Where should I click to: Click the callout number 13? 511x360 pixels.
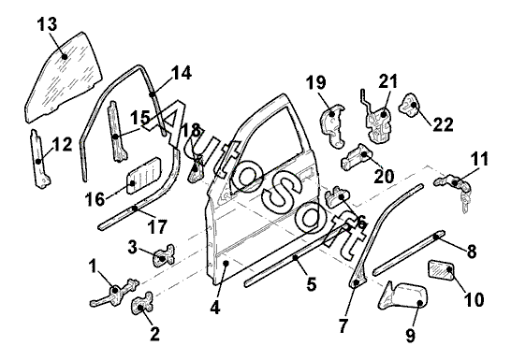coord(47,24)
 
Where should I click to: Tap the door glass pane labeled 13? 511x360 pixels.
coord(64,78)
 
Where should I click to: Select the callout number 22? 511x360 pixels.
coord(443,124)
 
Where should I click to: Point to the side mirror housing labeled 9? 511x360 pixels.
coord(402,295)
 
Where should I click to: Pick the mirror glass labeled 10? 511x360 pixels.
coord(440,269)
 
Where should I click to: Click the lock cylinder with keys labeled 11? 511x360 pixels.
coord(452,191)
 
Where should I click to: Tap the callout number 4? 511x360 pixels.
coord(215,307)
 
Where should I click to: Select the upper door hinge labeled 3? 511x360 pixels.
coord(164,255)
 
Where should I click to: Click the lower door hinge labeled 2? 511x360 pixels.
coord(142,304)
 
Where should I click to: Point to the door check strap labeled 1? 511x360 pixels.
coord(114,293)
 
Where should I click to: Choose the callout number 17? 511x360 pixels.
coord(157,226)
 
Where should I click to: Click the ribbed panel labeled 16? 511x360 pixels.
coord(143,176)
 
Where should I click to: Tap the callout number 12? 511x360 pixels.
coord(62,144)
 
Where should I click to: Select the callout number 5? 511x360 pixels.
coord(312,284)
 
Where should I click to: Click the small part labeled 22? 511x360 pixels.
coord(409,105)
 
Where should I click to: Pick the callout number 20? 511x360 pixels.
coord(384,177)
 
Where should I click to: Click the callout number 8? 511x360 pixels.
coord(472,252)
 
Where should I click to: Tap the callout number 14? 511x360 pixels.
coord(182,73)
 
